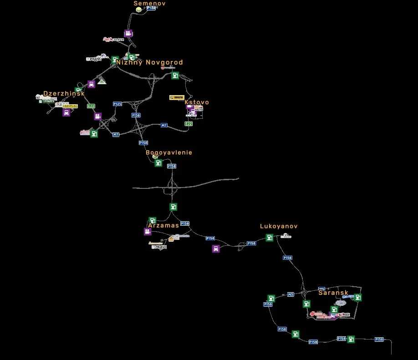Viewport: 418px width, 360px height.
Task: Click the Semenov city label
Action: tap(149, 3)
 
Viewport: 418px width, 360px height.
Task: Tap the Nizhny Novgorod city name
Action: tap(149, 62)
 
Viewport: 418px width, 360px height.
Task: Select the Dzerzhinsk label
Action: tap(64, 93)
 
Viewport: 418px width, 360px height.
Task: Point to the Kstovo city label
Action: tap(197, 102)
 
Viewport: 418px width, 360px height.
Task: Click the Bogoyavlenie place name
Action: tap(169, 152)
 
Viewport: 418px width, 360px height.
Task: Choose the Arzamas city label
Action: tap(163, 225)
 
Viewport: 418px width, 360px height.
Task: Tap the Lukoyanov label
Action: tap(279, 226)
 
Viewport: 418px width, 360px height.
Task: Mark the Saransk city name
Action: tap(333, 293)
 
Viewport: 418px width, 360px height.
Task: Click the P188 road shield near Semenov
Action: tap(151, 8)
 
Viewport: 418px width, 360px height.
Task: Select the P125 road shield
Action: tap(117, 104)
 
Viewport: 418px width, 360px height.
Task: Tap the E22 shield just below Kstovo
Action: tap(189, 124)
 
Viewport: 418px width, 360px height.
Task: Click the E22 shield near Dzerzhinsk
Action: tap(91, 106)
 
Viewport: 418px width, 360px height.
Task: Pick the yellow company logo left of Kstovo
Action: tap(177, 97)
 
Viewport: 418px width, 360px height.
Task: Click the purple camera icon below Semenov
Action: tap(128, 33)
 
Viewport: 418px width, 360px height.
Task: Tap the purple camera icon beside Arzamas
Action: tap(148, 232)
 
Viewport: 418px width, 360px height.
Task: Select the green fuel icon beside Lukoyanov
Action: tap(270, 238)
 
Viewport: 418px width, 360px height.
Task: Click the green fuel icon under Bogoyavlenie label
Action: tap(158, 163)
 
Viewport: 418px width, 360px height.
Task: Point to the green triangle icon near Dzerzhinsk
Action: tap(102, 81)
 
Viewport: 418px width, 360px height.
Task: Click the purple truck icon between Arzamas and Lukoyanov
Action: tap(216, 248)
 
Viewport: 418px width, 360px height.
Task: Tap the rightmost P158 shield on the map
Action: tap(379, 340)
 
